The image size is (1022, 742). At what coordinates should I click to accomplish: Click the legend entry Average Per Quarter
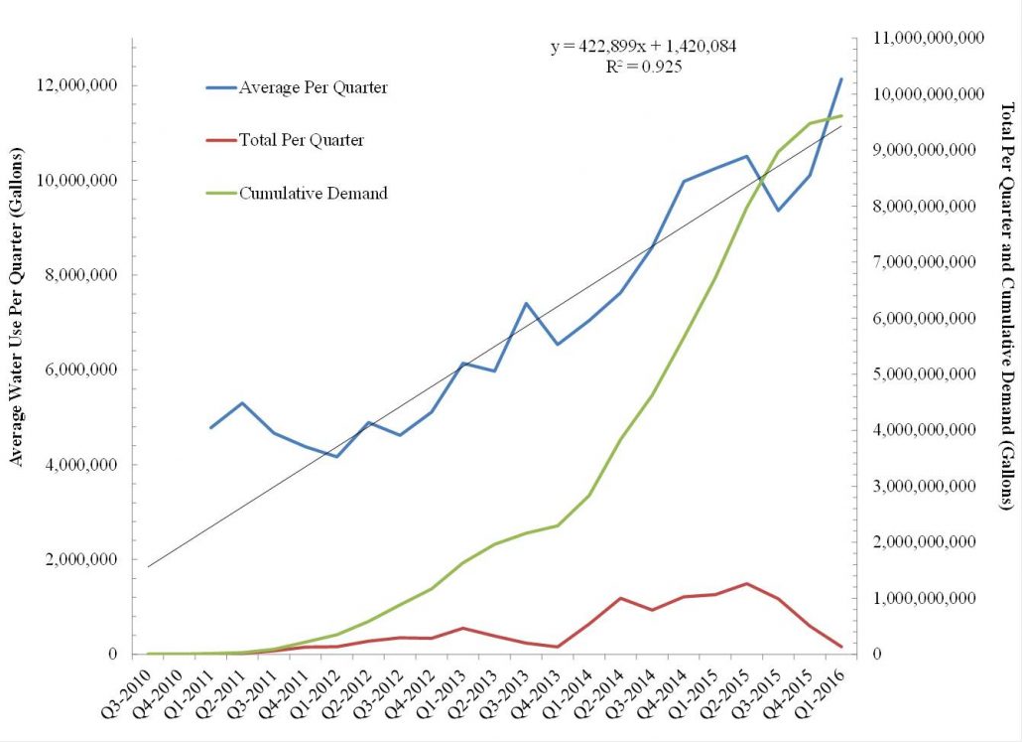tap(314, 87)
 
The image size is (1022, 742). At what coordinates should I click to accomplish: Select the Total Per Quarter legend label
tap(302, 140)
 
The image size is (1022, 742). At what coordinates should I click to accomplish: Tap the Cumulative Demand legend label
tap(314, 193)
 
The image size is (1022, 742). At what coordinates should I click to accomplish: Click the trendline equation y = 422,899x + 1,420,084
tap(643, 46)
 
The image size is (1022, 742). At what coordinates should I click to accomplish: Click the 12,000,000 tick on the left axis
tap(77, 85)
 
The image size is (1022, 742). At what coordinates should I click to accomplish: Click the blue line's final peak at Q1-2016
tap(841, 78)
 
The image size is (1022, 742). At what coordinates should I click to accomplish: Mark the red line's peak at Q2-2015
tap(747, 583)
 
